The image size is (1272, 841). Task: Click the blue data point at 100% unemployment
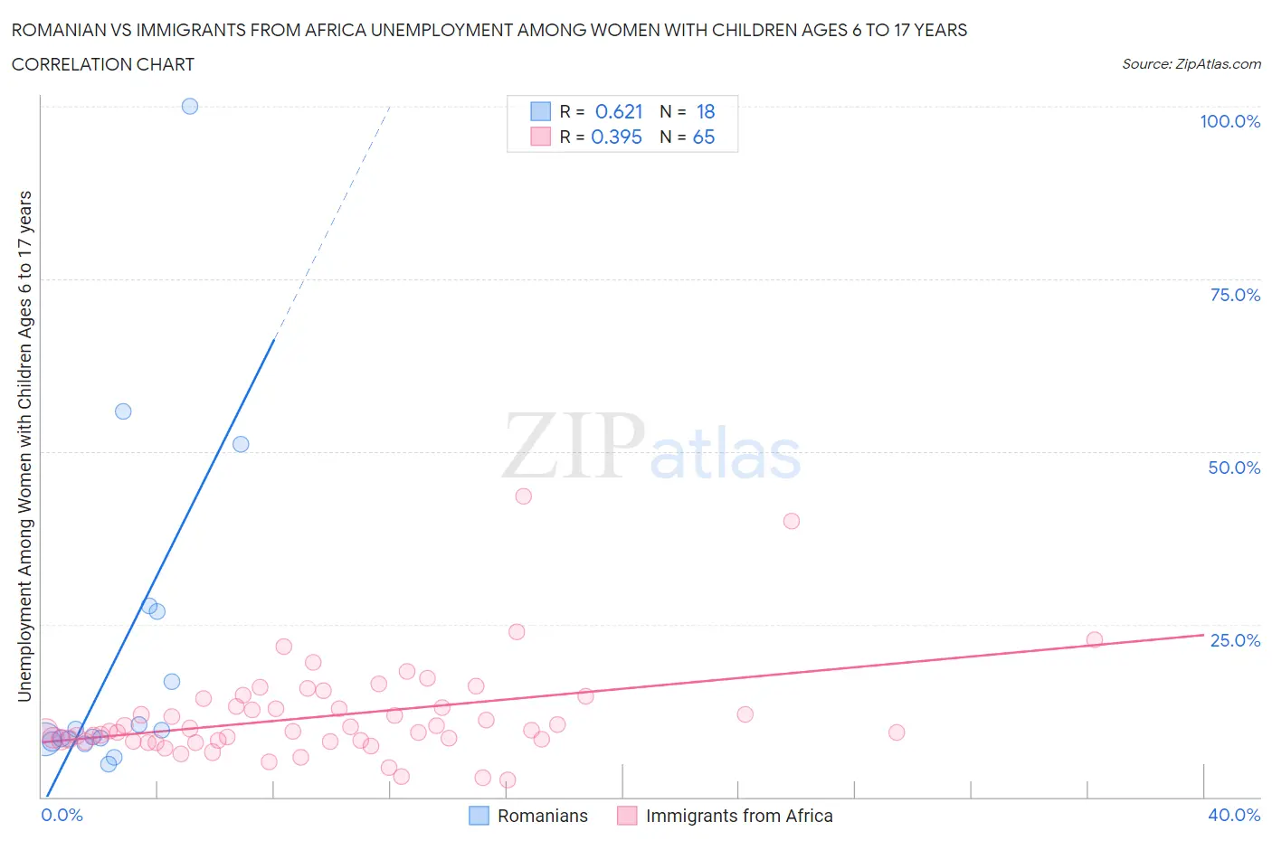(x=190, y=106)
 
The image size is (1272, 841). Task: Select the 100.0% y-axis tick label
(x=1229, y=121)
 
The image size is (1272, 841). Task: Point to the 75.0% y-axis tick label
(x=1235, y=295)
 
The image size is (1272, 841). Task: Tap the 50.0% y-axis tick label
(x=1234, y=468)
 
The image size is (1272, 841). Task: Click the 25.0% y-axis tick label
(x=1235, y=640)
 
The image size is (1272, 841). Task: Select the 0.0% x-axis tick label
(x=62, y=815)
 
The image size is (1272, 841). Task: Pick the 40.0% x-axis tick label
(x=1234, y=815)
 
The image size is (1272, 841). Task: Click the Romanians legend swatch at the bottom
(x=479, y=816)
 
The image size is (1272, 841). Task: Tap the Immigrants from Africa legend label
(x=739, y=816)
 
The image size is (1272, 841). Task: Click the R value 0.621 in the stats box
(x=619, y=111)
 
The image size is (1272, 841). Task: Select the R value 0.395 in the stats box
(x=616, y=137)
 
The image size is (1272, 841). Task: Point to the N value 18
(x=706, y=111)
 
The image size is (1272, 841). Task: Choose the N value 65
(x=704, y=137)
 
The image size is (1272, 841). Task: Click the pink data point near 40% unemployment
(x=792, y=521)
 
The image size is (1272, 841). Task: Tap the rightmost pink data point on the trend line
(x=1095, y=639)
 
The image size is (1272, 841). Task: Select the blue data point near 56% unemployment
(x=123, y=411)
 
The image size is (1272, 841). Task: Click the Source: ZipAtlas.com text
(x=1191, y=64)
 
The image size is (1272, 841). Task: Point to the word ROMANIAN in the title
(x=56, y=30)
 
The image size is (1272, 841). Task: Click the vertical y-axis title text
(x=24, y=446)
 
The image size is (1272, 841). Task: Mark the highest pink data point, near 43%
(x=523, y=496)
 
